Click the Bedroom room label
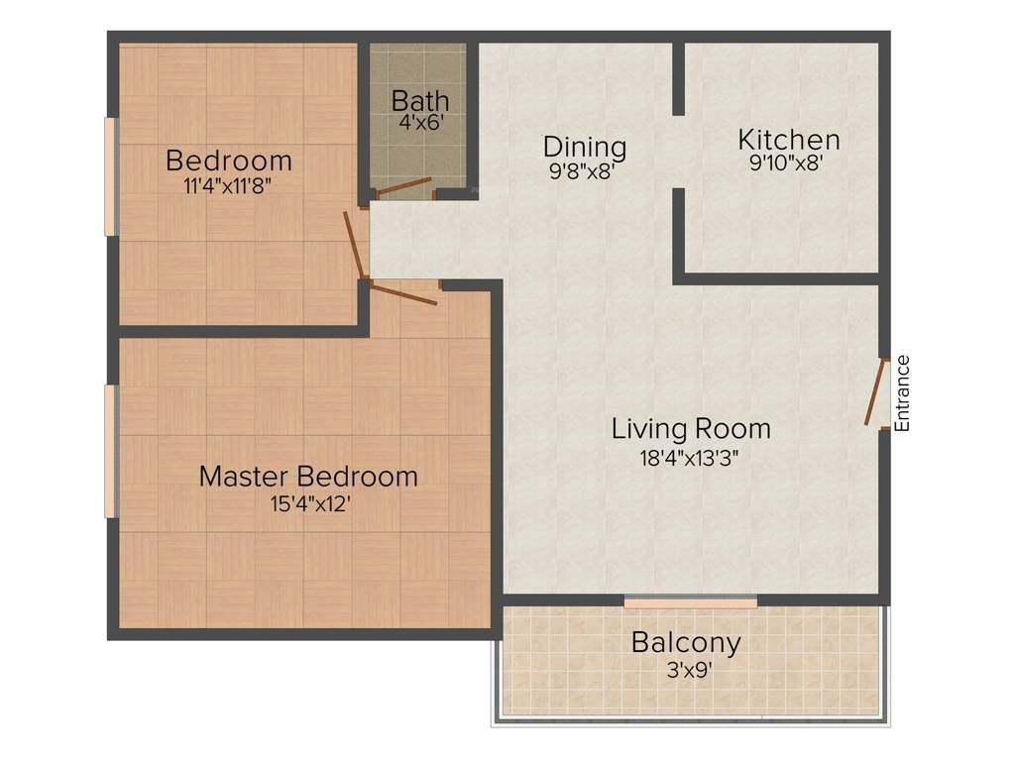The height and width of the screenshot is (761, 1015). [x=228, y=160]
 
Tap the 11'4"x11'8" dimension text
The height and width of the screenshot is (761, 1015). [x=228, y=185]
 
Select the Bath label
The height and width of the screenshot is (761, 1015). [x=419, y=101]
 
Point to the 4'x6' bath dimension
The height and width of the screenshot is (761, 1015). [x=419, y=123]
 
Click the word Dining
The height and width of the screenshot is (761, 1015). [x=585, y=147]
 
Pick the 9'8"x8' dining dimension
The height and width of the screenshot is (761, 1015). [x=585, y=170]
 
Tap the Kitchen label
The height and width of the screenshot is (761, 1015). [x=789, y=139]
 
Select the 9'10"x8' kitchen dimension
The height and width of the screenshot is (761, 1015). [x=789, y=163]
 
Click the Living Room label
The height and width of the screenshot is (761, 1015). [x=691, y=429]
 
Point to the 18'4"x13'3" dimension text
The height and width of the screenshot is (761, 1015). [x=691, y=457]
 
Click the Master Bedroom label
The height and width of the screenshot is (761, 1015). [x=308, y=476]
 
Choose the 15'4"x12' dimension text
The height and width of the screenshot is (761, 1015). [x=308, y=503]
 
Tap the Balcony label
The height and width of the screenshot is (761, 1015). [x=686, y=642]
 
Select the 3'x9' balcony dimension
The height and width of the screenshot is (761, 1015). [x=686, y=669]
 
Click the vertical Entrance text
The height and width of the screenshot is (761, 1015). [x=902, y=392]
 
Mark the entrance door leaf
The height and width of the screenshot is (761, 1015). [x=875, y=392]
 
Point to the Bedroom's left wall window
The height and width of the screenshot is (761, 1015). [x=111, y=176]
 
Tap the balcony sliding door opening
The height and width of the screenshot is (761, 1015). [x=691, y=601]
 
